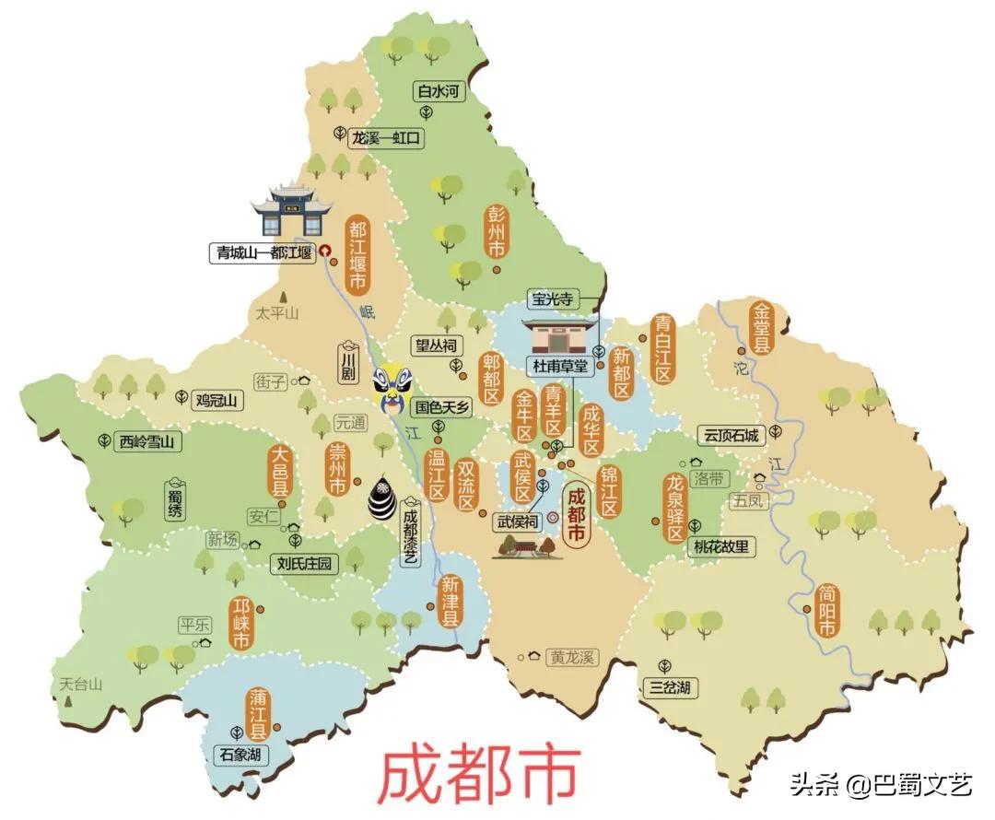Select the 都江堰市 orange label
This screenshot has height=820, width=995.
click(357, 253)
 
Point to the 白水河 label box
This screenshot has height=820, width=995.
click(438, 91)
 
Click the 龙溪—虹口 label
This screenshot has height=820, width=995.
click(385, 138)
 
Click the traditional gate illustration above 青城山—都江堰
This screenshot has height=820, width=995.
click(288, 210)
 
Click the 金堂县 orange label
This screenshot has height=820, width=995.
click(762, 327)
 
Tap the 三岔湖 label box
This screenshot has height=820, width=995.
click(670, 686)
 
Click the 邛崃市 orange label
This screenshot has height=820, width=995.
click(241, 625)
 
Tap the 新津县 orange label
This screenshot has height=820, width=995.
click(450, 601)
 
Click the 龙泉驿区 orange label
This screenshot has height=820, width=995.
click(676, 507)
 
